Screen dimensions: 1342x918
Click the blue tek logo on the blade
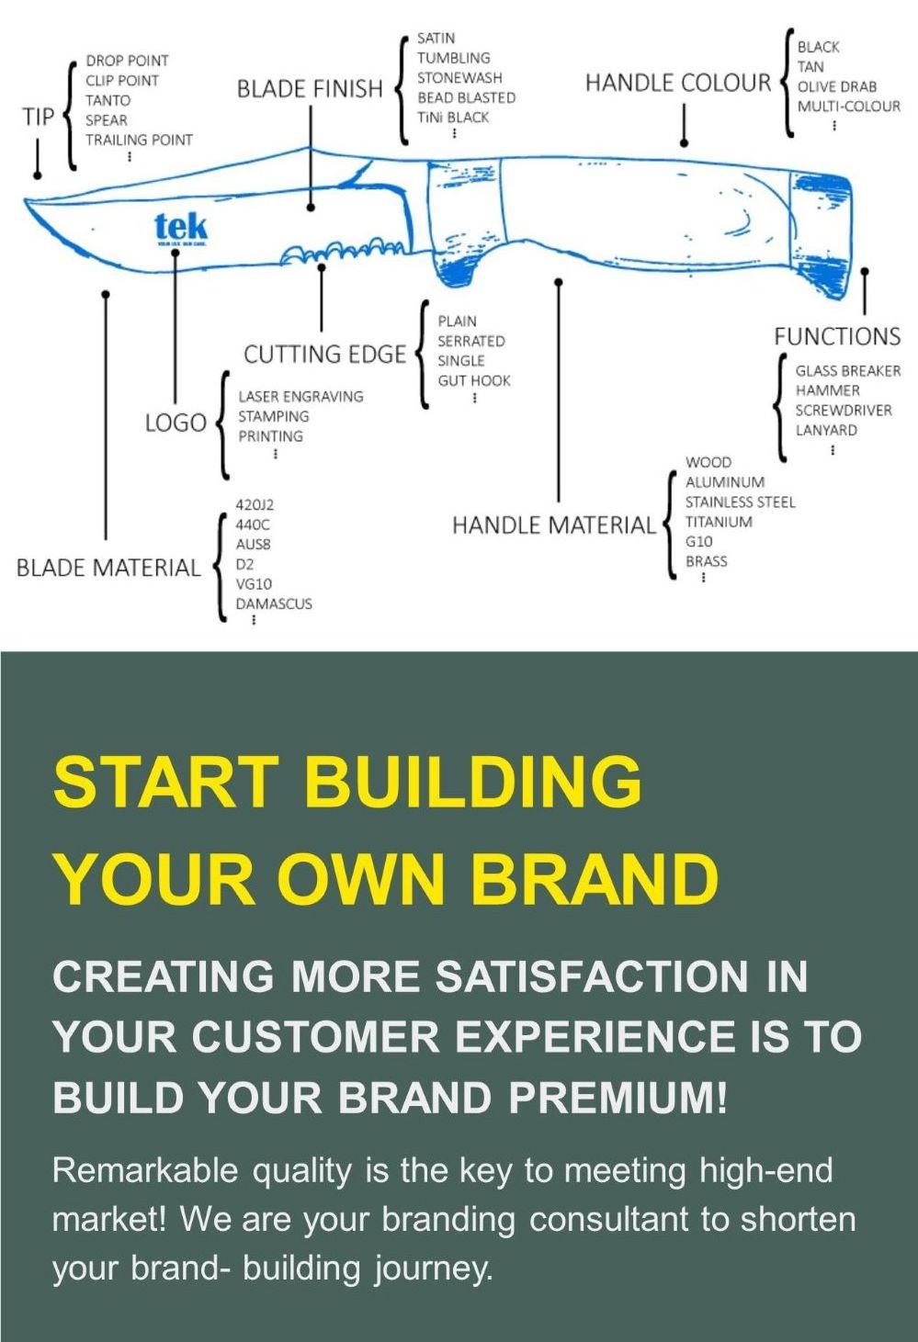point(181,227)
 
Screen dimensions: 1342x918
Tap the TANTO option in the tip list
point(108,100)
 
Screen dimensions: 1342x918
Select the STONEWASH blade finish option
point(459,77)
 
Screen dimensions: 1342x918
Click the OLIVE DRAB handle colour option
point(836,86)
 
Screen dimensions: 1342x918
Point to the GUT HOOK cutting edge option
point(473,380)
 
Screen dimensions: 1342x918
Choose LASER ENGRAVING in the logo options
point(300,396)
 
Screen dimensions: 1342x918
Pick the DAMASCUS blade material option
point(274,603)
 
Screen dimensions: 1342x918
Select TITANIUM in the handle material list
point(719,522)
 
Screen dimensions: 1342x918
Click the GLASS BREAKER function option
point(847,370)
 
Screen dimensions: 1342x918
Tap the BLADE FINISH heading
point(310,89)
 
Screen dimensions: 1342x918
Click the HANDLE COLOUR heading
point(678,84)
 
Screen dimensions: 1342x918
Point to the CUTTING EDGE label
point(324,355)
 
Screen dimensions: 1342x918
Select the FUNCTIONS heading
point(836,336)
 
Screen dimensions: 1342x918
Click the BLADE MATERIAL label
point(108,568)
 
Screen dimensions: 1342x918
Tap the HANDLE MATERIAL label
point(554,525)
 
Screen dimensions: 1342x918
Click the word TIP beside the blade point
point(39,117)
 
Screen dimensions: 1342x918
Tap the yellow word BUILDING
point(472,782)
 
